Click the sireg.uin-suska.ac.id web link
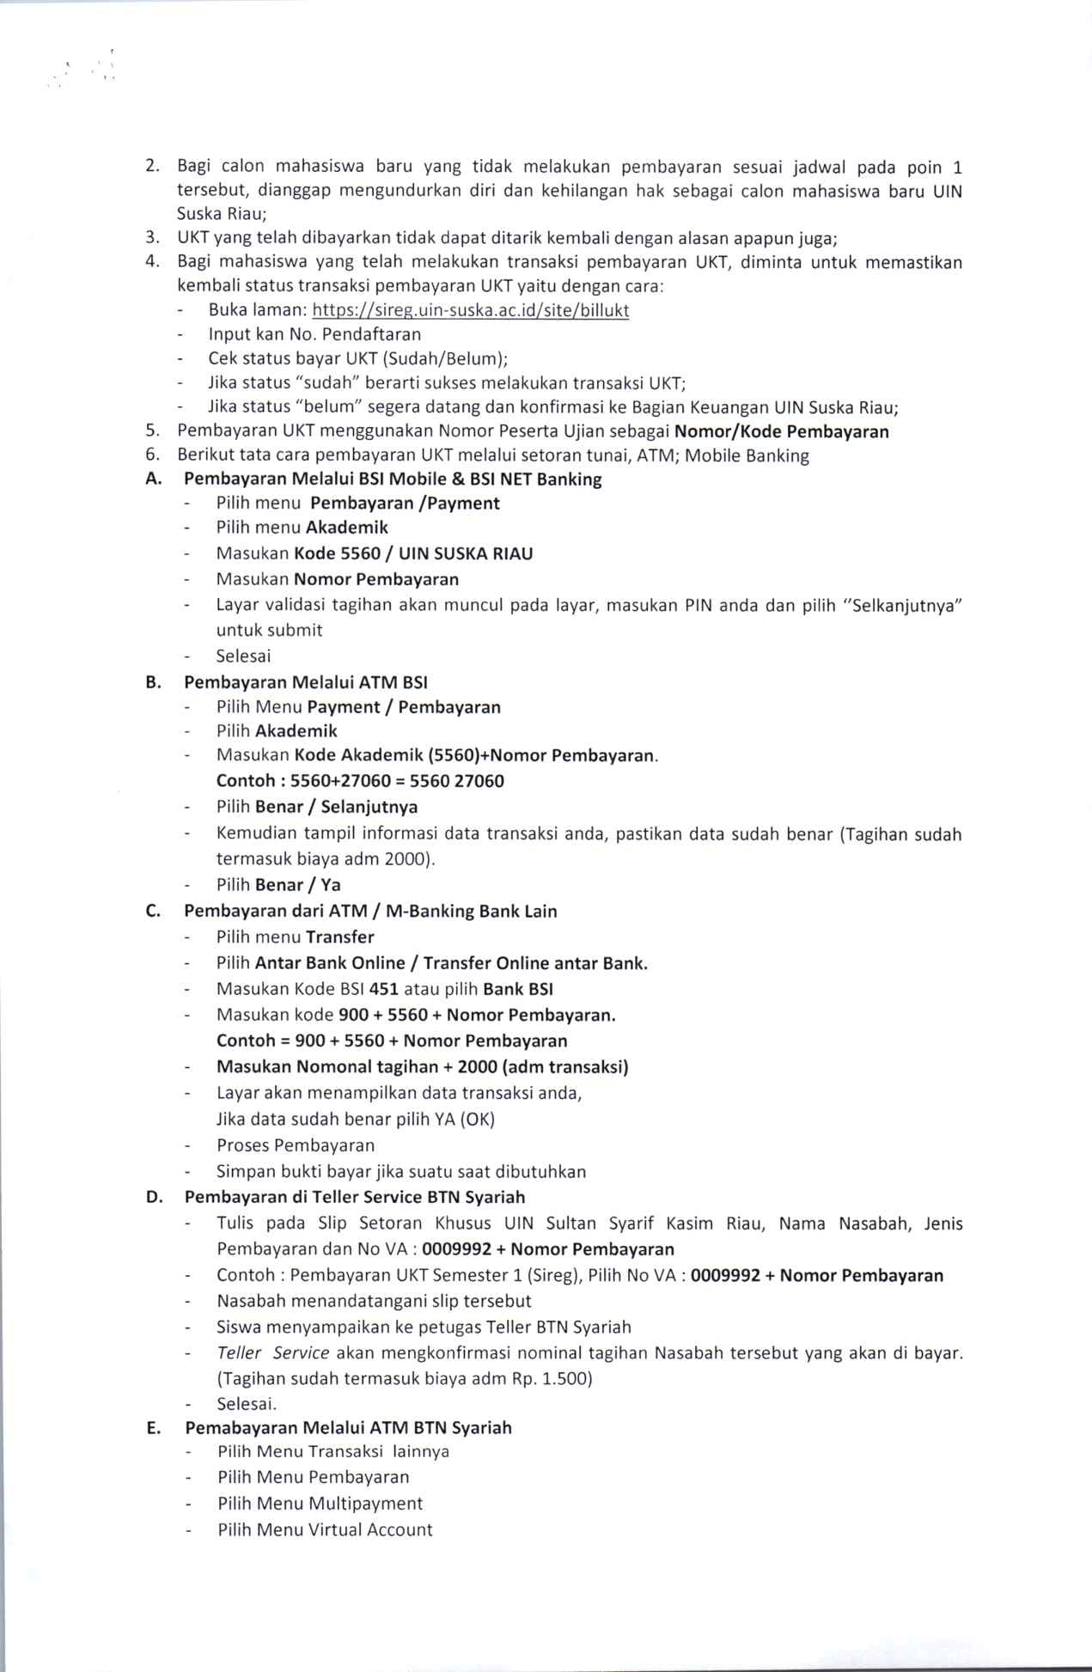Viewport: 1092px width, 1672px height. tap(470, 310)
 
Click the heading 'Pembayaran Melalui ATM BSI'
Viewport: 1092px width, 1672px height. tap(305, 682)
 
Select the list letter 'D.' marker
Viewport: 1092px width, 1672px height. tap(155, 1197)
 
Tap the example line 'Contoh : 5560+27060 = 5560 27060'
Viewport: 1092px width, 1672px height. tap(360, 781)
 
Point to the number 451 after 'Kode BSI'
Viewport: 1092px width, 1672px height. tap(383, 989)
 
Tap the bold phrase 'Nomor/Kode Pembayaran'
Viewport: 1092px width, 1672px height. tap(782, 431)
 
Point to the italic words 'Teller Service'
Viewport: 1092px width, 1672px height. tap(273, 1353)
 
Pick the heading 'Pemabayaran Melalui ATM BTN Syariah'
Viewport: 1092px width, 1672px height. tap(348, 1427)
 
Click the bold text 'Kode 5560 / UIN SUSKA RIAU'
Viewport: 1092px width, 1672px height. tap(413, 553)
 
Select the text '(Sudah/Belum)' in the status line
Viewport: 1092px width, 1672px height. tap(445, 359)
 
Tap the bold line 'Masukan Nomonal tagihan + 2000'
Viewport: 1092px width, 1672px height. tap(422, 1067)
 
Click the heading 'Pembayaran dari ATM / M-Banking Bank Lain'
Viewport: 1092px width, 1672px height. tap(370, 911)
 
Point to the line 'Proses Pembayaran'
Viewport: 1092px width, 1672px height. tap(296, 1145)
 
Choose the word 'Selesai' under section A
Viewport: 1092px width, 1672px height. tap(243, 656)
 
